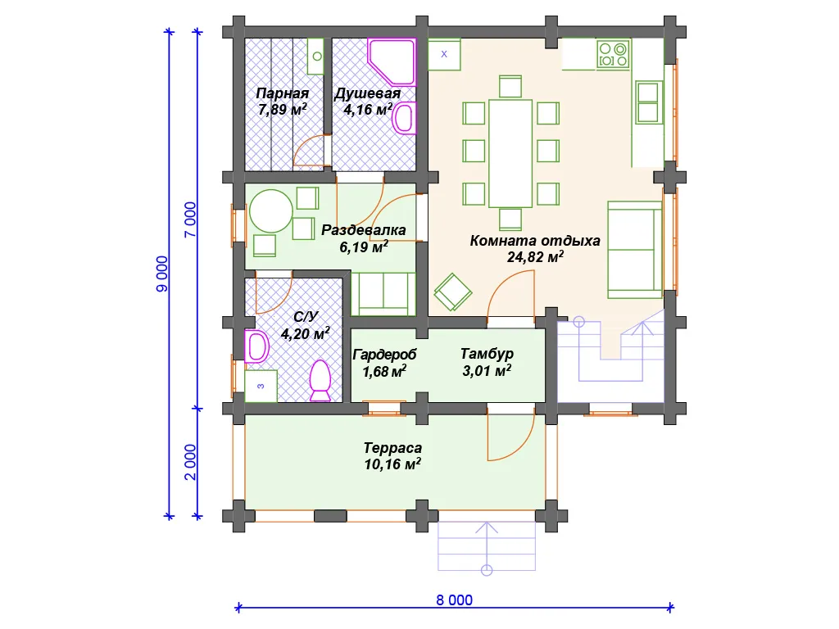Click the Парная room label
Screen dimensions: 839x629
click(283, 93)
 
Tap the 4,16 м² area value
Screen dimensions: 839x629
click(368, 110)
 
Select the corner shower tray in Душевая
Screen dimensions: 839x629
click(392, 61)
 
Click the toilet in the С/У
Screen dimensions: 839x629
click(320, 381)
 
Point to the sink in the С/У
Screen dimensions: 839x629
click(256, 346)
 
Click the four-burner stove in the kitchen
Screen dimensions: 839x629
click(613, 55)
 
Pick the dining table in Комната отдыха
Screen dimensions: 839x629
click(510, 153)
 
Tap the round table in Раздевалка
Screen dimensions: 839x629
click(271, 211)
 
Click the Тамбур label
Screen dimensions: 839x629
click(487, 354)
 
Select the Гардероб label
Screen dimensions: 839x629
click(384, 355)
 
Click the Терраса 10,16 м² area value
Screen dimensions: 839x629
click(392, 464)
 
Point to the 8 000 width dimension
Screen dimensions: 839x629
click(454, 600)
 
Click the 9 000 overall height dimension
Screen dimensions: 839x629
click(162, 274)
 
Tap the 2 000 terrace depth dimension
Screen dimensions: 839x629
click(190, 462)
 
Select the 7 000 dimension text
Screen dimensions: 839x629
click(190, 219)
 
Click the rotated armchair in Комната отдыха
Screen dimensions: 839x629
click(452, 292)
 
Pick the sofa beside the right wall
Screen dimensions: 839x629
click(635, 249)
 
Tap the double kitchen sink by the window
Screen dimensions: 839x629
click(649, 102)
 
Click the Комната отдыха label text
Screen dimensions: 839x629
click(535, 241)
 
